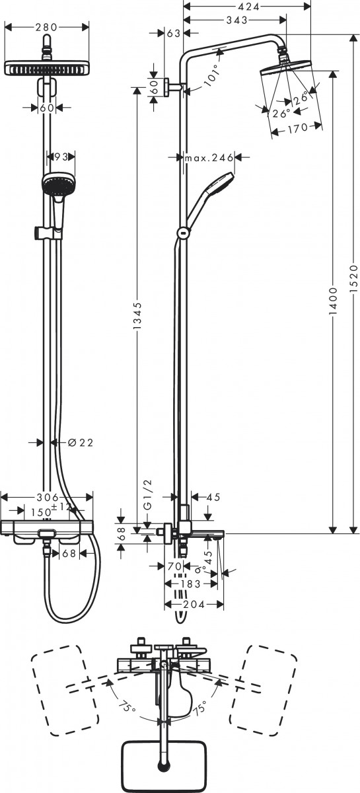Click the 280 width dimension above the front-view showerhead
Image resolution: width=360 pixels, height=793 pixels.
[x=46, y=28]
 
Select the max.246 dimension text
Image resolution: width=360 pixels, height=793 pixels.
[x=209, y=157]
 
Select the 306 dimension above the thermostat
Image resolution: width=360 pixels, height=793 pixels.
[x=47, y=498]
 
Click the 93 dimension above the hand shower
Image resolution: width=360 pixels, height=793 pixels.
[x=61, y=157]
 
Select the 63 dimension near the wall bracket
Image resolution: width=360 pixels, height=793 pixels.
[x=173, y=34]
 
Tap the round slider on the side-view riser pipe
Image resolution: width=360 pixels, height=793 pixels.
[x=182, y=232]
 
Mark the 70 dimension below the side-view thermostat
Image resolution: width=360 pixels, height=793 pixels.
[x=174, y=566]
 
